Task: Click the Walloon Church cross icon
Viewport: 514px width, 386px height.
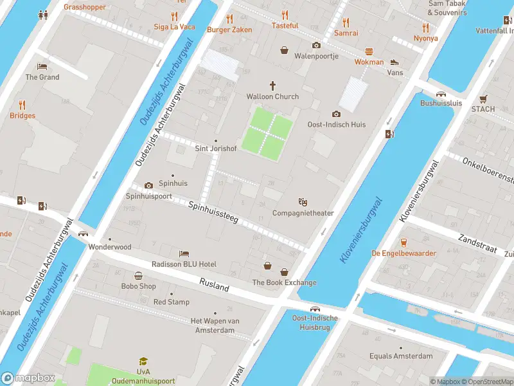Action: [x=272, y=85]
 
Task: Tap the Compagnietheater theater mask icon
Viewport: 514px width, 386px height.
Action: [x=303, y=202]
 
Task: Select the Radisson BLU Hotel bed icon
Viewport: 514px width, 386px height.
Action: [x=184, y=253]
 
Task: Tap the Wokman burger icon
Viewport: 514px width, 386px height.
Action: [x=369, y=51]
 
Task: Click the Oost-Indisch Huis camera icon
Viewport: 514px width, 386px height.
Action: [x=336, y=114]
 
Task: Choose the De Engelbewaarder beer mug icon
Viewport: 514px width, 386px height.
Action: [x=403, y=242]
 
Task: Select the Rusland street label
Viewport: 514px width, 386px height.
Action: [x=214, y=285]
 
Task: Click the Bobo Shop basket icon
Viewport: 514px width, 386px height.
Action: [x=138, y=275]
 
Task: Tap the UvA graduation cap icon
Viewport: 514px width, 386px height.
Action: [x=143, y=362]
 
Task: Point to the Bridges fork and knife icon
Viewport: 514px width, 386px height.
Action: [x=22, y=104]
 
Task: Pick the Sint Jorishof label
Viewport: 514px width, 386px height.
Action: [x=216, y=149]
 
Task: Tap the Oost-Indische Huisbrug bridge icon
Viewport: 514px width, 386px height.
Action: [x=315, y=309]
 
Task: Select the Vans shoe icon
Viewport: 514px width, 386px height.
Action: [x=394, y=62]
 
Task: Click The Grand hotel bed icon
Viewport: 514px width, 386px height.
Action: [x=42, y=66]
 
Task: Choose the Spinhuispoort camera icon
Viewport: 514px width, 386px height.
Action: [x=149, y=185]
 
